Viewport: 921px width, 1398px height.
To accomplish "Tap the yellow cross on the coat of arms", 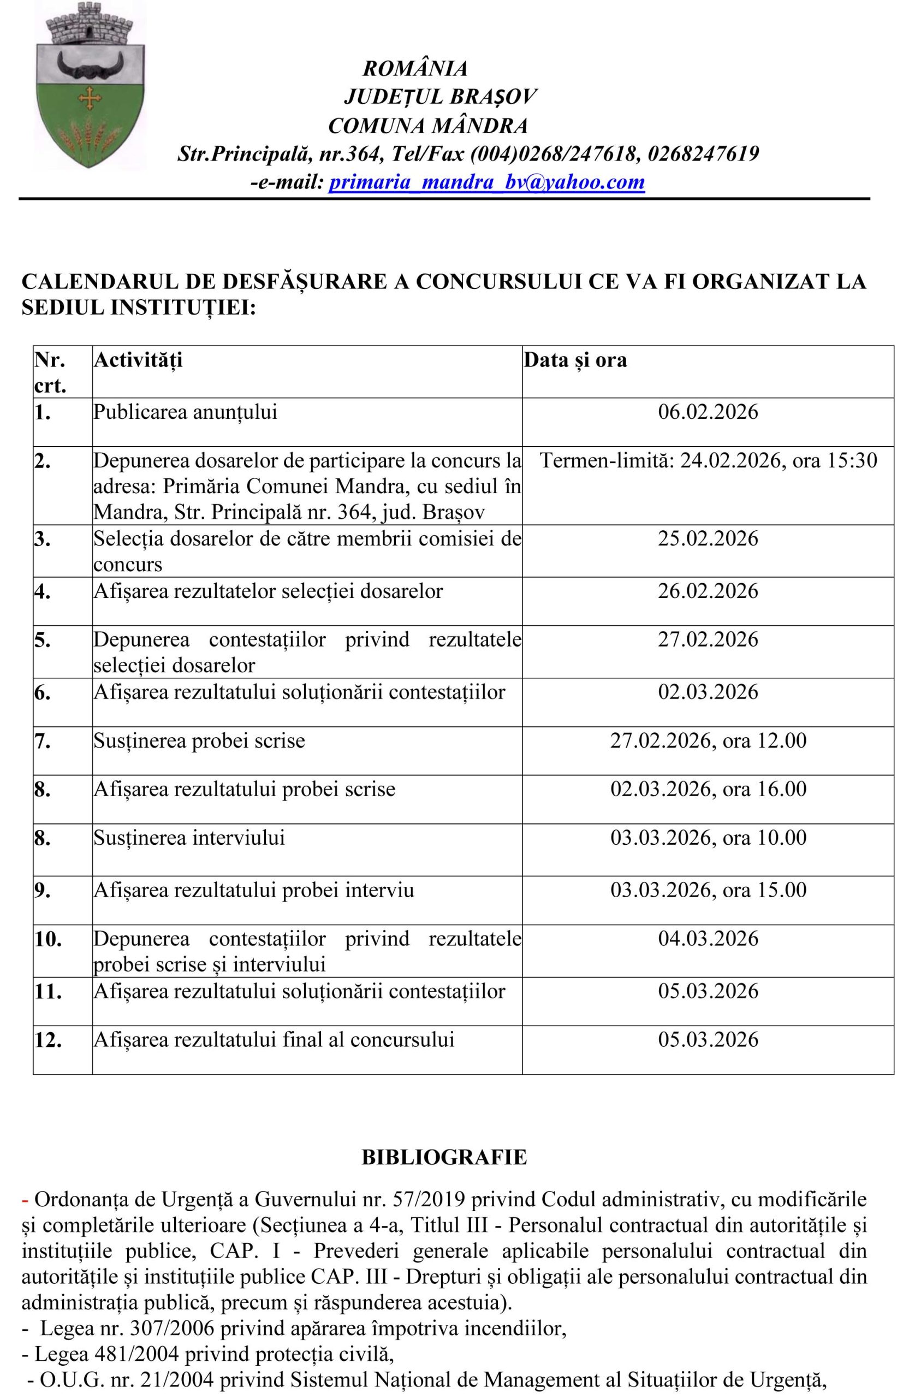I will (91, 96).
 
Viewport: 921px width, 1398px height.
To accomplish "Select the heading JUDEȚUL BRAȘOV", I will (440, 97).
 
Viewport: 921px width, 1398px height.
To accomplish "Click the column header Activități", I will (138, 359).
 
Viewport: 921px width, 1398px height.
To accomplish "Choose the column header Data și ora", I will (575, 359).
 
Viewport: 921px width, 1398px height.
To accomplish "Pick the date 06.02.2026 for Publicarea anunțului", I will (708, 412).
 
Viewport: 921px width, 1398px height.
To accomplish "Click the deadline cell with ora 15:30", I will (708, 459).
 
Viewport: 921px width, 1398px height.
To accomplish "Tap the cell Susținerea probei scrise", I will (199, 740).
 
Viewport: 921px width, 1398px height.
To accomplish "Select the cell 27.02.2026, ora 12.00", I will (708, 740).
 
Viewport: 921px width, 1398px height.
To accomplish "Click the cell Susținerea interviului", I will (189, 837).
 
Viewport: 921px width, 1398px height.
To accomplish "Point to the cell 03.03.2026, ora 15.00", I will (708, 890).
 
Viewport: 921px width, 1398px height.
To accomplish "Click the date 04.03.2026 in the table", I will (708, 939).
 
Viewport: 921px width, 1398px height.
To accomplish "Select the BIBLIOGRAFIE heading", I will (444, 1156).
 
